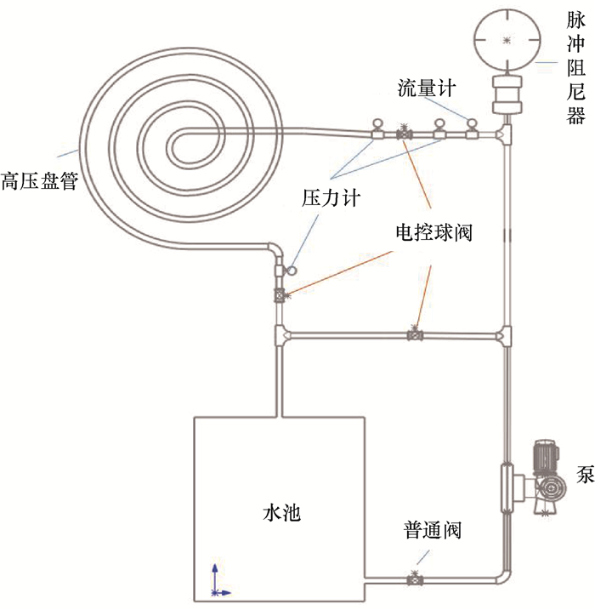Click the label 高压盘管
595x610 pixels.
[x=38, y=180]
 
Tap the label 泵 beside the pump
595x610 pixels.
[x=584, y=474]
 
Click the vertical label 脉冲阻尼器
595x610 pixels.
[x=575, y=67]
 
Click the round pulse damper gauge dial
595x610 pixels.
[x=507, y=39]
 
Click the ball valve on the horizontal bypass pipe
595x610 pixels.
[x=415, y=334]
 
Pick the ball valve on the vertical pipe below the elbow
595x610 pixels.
[x=279, y=295]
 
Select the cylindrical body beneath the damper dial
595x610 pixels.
[x=507, y=93]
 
